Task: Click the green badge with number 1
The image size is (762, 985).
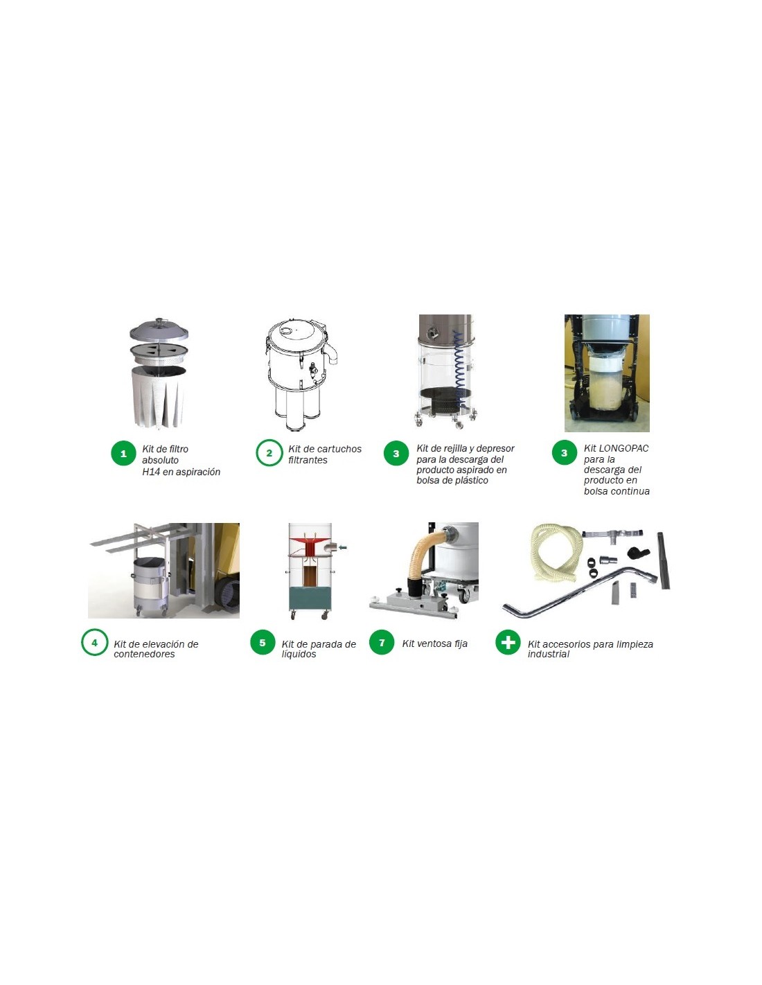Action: coord(123,453)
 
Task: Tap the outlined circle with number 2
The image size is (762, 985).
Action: coord(269,453)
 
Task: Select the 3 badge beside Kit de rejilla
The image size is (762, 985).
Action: coord(396,453)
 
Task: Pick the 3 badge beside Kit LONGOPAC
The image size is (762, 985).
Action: coord(565,453)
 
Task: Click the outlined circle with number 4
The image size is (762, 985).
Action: coord(94,643)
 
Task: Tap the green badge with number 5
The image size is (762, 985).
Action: coord(263,643)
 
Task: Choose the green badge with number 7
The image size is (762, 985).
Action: coord(382,643)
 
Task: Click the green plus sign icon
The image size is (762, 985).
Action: coord(508,643)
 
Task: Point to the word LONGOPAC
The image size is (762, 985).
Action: coord(623,448)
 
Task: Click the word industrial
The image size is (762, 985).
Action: coord(549,654)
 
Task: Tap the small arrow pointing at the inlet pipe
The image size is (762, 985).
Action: coord(343,548)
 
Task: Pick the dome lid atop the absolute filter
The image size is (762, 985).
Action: coord(159,330)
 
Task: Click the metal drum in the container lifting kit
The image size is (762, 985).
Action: coord(150,585)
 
